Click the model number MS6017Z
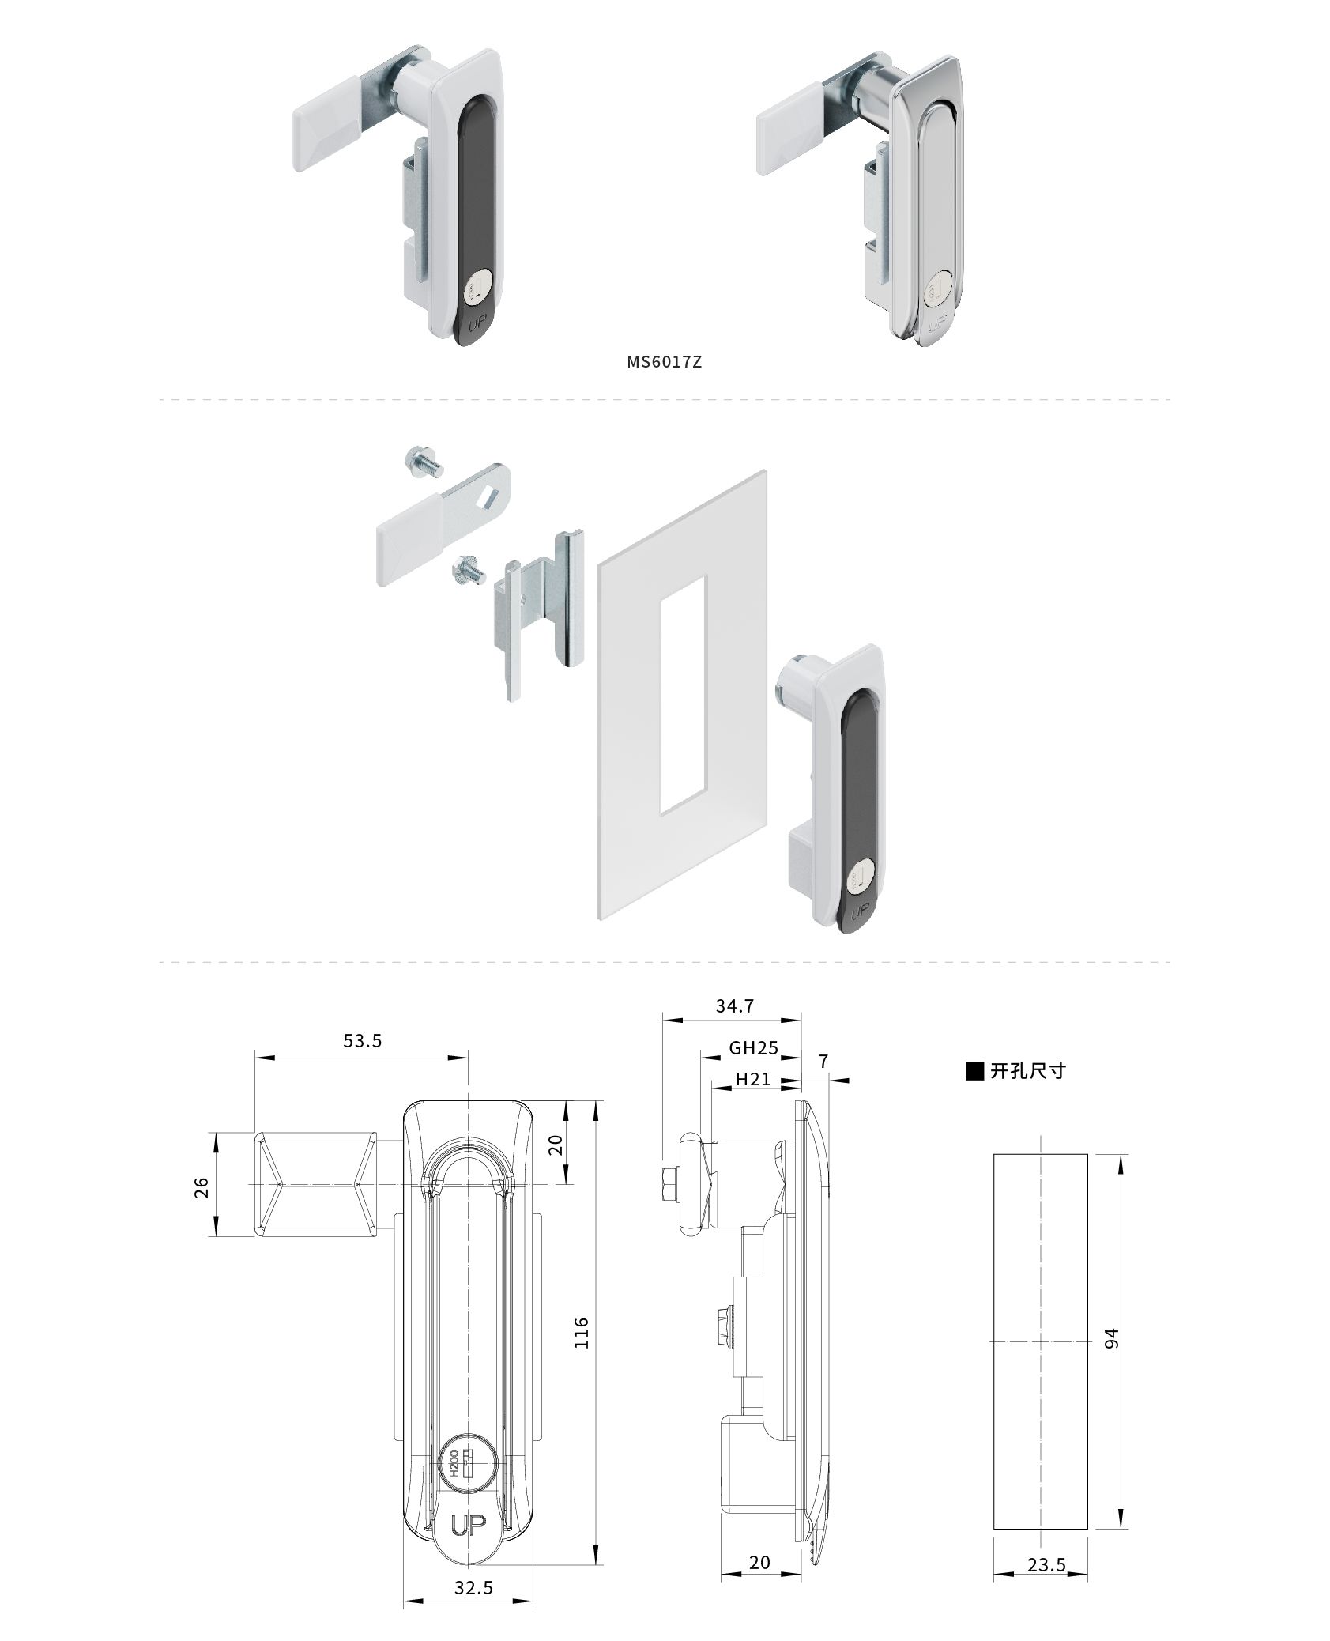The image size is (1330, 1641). tap(664, 362)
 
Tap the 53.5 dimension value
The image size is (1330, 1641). tap(363, 1041)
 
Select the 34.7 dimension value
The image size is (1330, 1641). tap(735, 1005)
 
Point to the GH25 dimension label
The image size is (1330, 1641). tap(753, 1047)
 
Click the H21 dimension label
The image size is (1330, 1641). tap(753, 1078)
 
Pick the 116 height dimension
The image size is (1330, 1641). tap(582, 1332)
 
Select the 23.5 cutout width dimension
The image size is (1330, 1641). tap(1046, 1520)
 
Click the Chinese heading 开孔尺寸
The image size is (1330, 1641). tap(1028, 1070)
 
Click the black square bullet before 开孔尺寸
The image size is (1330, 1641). tap(975, 1071)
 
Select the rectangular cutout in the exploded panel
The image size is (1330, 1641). tap(682, 693)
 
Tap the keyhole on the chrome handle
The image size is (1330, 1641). tap(940, 288)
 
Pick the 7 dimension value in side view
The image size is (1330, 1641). tap(823, 1061)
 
